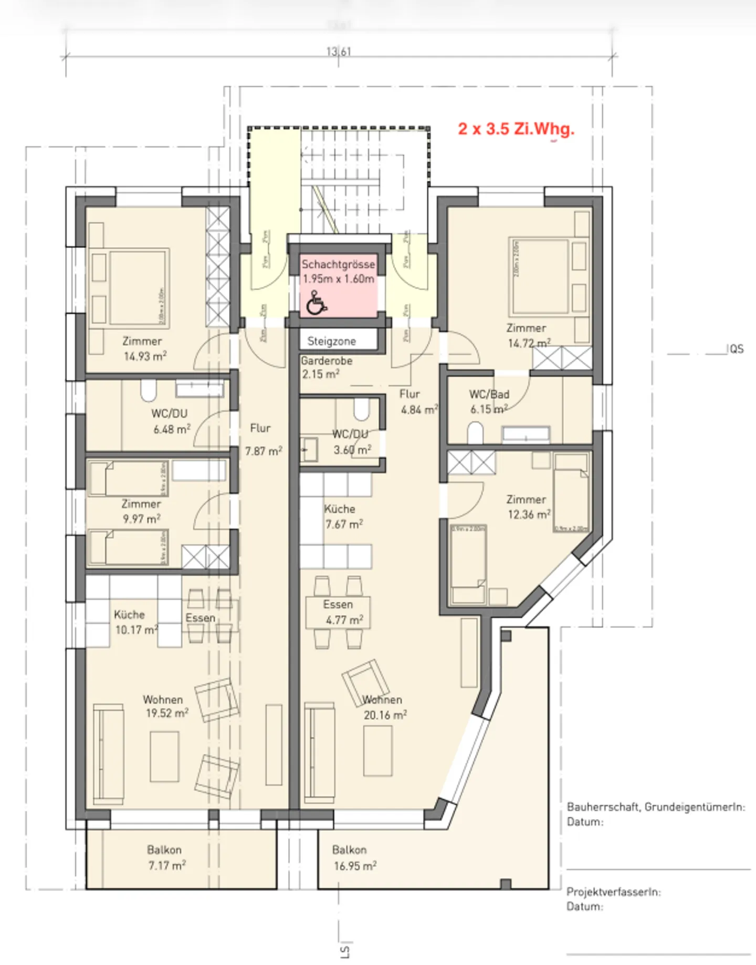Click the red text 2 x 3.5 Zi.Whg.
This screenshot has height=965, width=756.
[x=516, y=129]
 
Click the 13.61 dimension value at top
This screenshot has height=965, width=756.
[x=339, y=51]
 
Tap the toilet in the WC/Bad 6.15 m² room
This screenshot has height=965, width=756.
[x=475, y=434]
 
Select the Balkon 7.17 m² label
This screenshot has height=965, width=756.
[x=165, y=857]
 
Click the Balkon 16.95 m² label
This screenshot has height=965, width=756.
[x=353, y=858]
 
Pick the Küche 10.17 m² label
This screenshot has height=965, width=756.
[x=134, y=622]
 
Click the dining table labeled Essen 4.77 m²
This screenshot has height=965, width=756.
[x=338, y=612]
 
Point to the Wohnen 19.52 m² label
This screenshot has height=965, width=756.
[x=165, y=706]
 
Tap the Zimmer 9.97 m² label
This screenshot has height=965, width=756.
[x=141, y=511]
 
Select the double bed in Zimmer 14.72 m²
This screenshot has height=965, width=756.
[x=541, y=276]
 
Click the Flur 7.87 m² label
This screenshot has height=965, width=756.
[x=262, y=439]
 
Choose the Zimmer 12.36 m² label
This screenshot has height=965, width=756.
[x=528, y=507]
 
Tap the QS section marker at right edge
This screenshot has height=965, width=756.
[x=736, y=349]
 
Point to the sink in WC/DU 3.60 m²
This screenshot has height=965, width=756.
[x=309, y=450]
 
